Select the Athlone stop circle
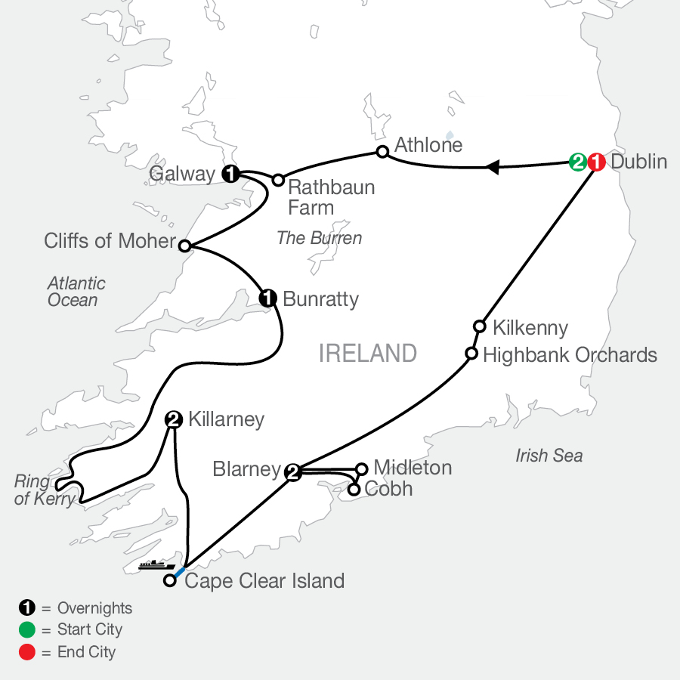382,152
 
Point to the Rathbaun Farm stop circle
278,180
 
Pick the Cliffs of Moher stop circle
184,245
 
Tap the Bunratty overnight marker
267,298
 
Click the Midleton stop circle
361,468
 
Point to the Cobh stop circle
354,490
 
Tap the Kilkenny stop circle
479,326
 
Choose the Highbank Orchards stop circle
471,354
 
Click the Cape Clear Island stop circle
171,581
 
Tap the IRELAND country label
368,353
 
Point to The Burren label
319,238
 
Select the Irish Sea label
549,456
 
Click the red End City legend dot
27,652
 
